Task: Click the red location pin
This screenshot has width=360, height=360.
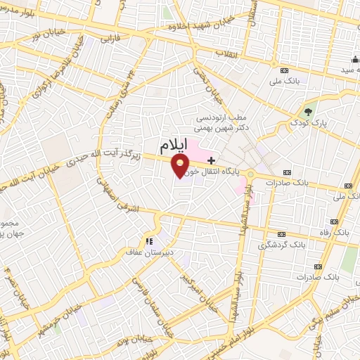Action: tap(181, 166)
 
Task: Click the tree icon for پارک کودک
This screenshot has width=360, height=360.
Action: tap(307, 110)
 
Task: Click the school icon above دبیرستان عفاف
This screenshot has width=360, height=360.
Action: tap(148, 241)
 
